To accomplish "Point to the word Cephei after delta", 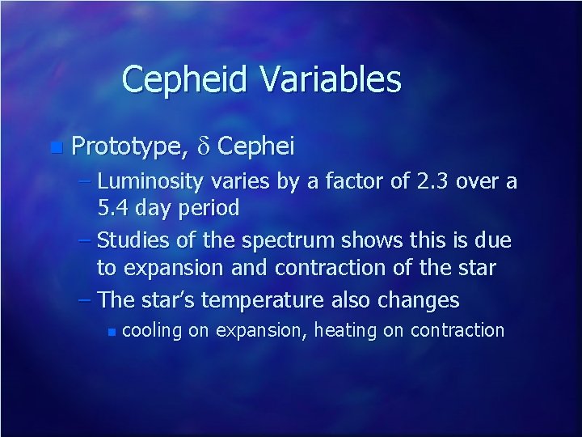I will pyautogui.click(x=256, y=146).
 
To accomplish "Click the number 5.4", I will pyautogui.click(x=113, y=208).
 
